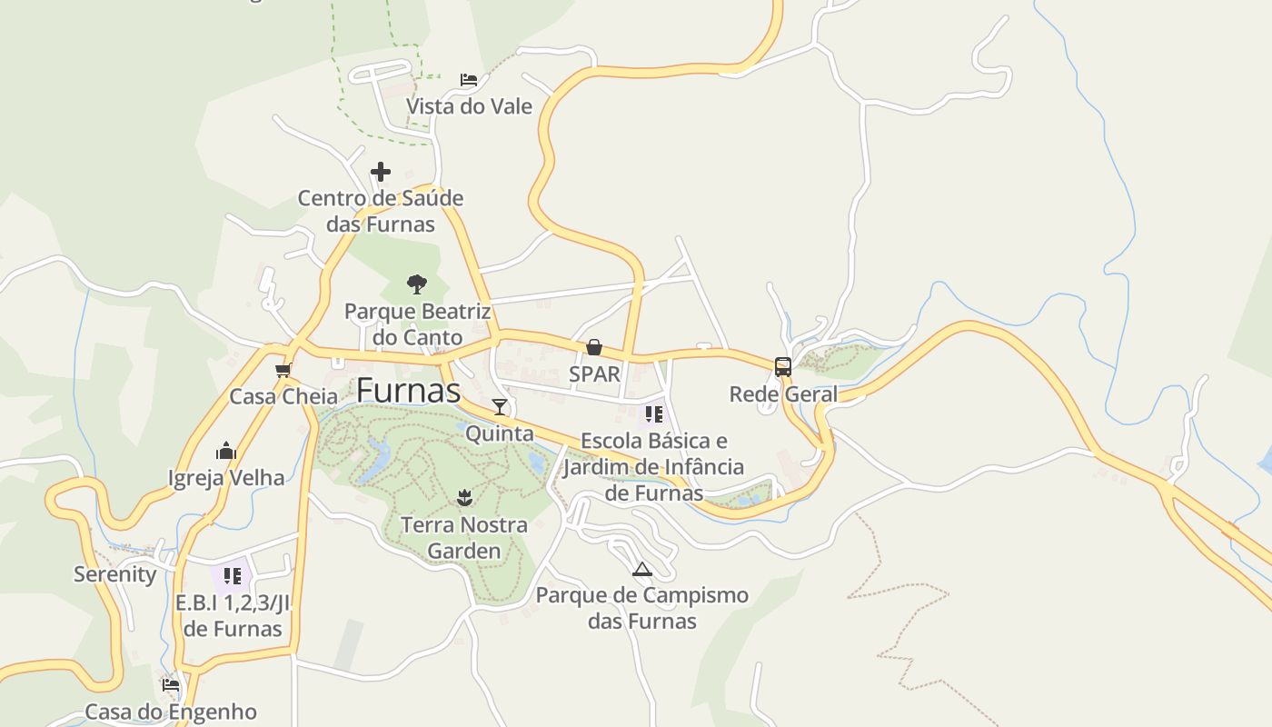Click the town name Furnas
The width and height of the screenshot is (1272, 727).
coord(408,390)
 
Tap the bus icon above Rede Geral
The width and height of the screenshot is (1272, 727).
coord(783,367)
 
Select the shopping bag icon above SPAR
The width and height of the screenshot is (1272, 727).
coord(594,347)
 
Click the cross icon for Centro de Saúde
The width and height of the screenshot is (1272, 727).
coord(381,171)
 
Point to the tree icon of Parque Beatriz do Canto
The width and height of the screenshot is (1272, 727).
coord(417,284)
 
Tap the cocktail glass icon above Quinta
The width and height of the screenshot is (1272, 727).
coord(500,406)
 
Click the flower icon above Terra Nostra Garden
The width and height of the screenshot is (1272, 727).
coord(464,497)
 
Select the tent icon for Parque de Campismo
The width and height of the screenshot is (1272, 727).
coord(642,570)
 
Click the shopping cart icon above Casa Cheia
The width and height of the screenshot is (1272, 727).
coord(283,370)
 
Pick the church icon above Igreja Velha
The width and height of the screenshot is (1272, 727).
coord(226,451)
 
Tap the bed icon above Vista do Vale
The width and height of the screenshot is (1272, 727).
coord(469,80)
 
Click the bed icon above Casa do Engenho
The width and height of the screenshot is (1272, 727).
coord(171,684)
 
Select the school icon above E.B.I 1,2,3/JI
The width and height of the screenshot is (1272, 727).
coord(233,575)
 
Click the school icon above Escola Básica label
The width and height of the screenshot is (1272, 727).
coord(653,414)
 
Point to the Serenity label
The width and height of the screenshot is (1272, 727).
coord(114,574)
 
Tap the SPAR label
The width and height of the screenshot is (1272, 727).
coord(594,373)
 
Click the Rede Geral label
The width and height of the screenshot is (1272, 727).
coord(783,394)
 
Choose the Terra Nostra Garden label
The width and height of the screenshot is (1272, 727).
coord(464,538)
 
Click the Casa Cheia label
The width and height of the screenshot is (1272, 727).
coord(283,396)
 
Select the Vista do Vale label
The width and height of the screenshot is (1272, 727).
coord(469,106)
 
